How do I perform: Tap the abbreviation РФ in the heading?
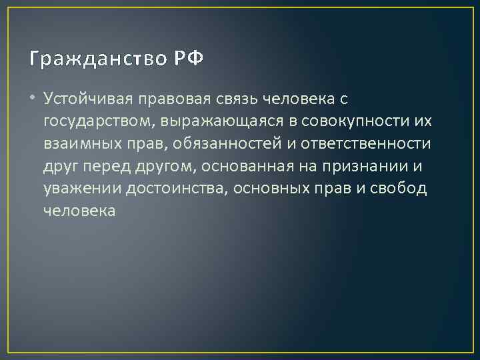(x=189, y=59)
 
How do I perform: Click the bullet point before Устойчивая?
(x=33, y=99)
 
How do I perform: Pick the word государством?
(x=95, y=121)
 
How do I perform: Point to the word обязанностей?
(x=209, y=143)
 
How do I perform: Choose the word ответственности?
(x=355, y=143)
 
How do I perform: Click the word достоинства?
(x=179, y=189)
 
